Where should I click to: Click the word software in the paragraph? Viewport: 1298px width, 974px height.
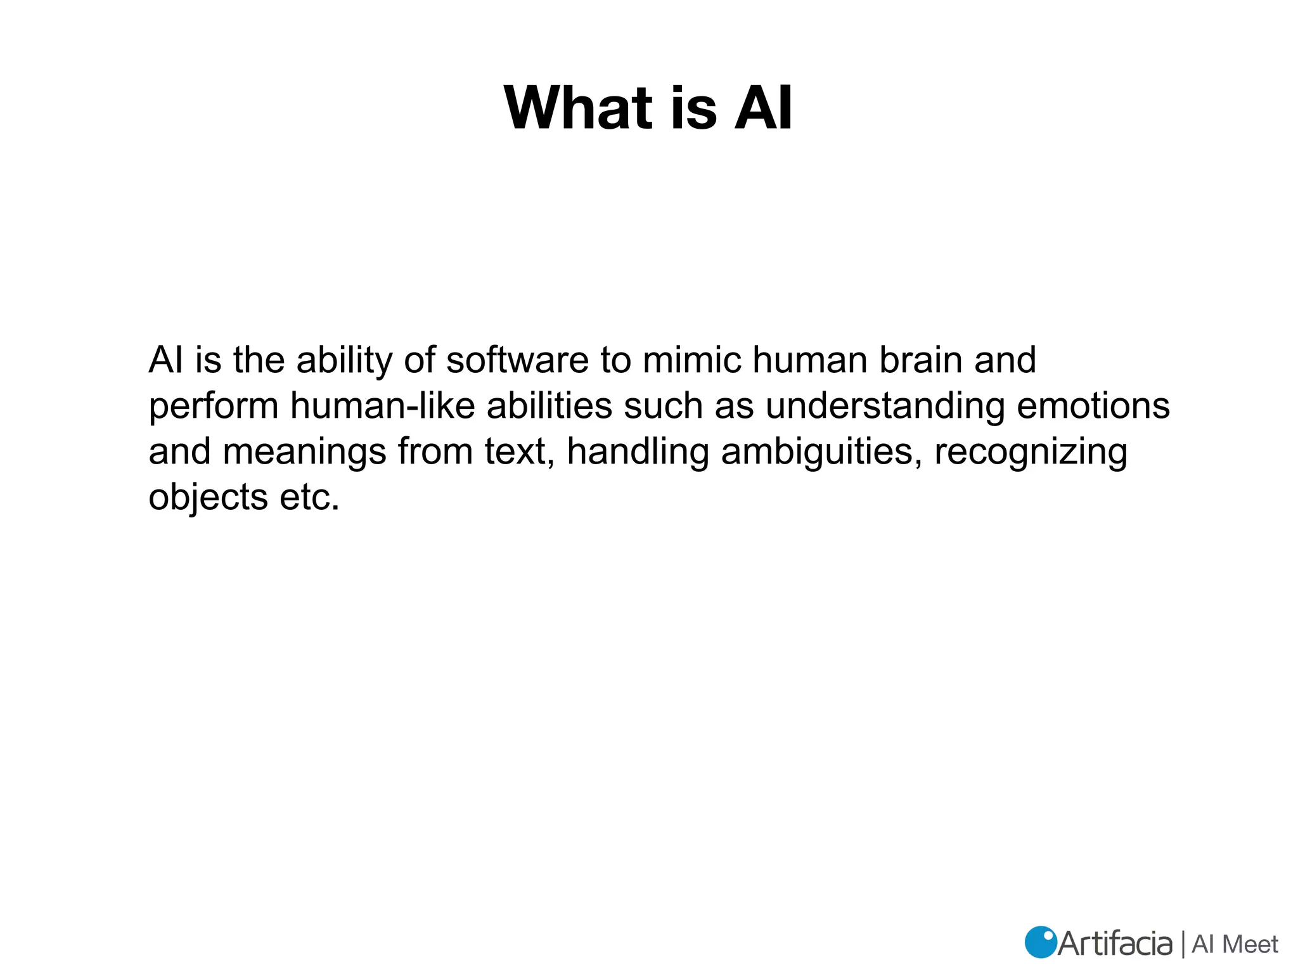pyautogui.click(x=517, y=360)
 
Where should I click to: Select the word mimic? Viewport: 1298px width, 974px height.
pyautogui.click(x=692, y=360)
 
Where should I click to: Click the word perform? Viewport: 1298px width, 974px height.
pyautogui.click(x=214, y=407)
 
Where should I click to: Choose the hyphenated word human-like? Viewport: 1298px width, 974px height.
pyautogui.click(x=383, y=406)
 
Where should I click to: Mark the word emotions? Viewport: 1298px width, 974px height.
pyautogui.click(x=1093, y=406)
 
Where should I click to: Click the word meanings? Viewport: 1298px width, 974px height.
pyautogui.click(x=304, y=453)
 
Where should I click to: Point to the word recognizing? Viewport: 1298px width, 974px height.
pyautogui.click(x=1031, y=453)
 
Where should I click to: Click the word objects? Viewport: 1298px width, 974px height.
pyautogui.click(x=209, y=498)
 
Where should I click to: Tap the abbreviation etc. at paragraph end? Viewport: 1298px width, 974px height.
pyautogui.click(x=310, y=498)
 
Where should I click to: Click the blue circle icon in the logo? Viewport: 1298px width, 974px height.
pyautogui.click(x=1041, y=942)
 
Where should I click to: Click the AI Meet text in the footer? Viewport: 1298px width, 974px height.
pyautogui.click(x=1235, y=944)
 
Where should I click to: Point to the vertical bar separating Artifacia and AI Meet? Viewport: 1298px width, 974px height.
pyautogui.click(x=1183, y=944)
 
